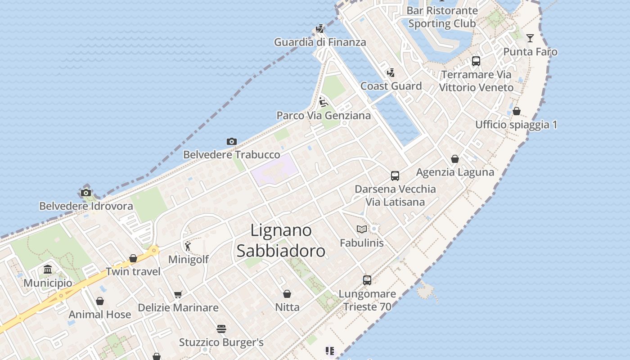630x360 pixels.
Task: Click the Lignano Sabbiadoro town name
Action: (281, 241)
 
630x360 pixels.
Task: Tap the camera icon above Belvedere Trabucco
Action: (232, 141)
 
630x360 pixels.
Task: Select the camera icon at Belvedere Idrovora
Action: (86, 193)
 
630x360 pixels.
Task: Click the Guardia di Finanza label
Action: (320, 42)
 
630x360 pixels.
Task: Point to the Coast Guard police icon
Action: (391, 72)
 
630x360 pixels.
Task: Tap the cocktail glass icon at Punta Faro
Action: (530, 38)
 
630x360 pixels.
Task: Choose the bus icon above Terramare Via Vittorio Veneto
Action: (476, 61)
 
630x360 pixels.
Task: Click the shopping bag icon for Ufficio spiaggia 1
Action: (517, 111)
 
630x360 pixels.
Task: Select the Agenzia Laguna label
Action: (455, 172)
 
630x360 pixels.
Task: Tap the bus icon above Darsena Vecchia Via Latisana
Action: (395, 175)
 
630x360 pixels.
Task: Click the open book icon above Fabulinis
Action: (361, 229)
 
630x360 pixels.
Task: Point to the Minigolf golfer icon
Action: (188, 246)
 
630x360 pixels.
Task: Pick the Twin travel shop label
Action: (133, 271)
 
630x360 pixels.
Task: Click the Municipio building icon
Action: (48, 270)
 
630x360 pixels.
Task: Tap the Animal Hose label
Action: (100, 314)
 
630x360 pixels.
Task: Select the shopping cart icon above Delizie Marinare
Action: (178, 294)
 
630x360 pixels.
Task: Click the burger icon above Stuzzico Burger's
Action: (221, 329)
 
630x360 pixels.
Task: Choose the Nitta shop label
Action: (287, 307)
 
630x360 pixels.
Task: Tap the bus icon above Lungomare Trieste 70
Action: (367, 280)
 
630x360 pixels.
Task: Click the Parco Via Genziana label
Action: (324, 116)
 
